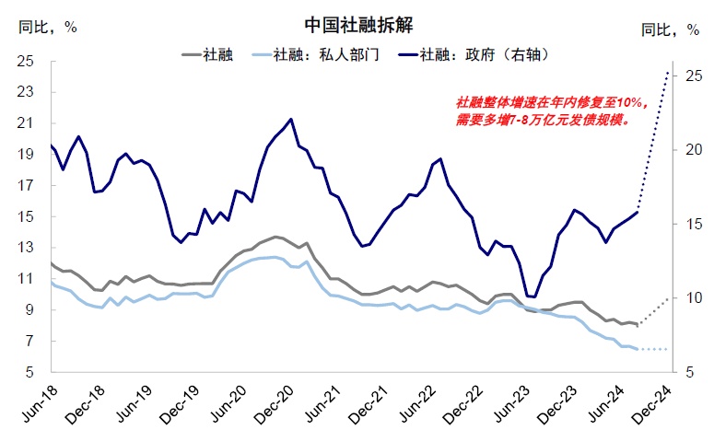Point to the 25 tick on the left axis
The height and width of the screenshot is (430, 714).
(x=27, y=61)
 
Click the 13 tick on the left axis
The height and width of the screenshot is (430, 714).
(x=27, y=248)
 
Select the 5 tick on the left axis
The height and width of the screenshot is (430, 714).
(x=31, y=372)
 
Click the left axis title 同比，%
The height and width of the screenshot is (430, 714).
(x=47, y=26)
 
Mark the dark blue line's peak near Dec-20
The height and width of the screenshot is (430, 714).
(x=291, y=119)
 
